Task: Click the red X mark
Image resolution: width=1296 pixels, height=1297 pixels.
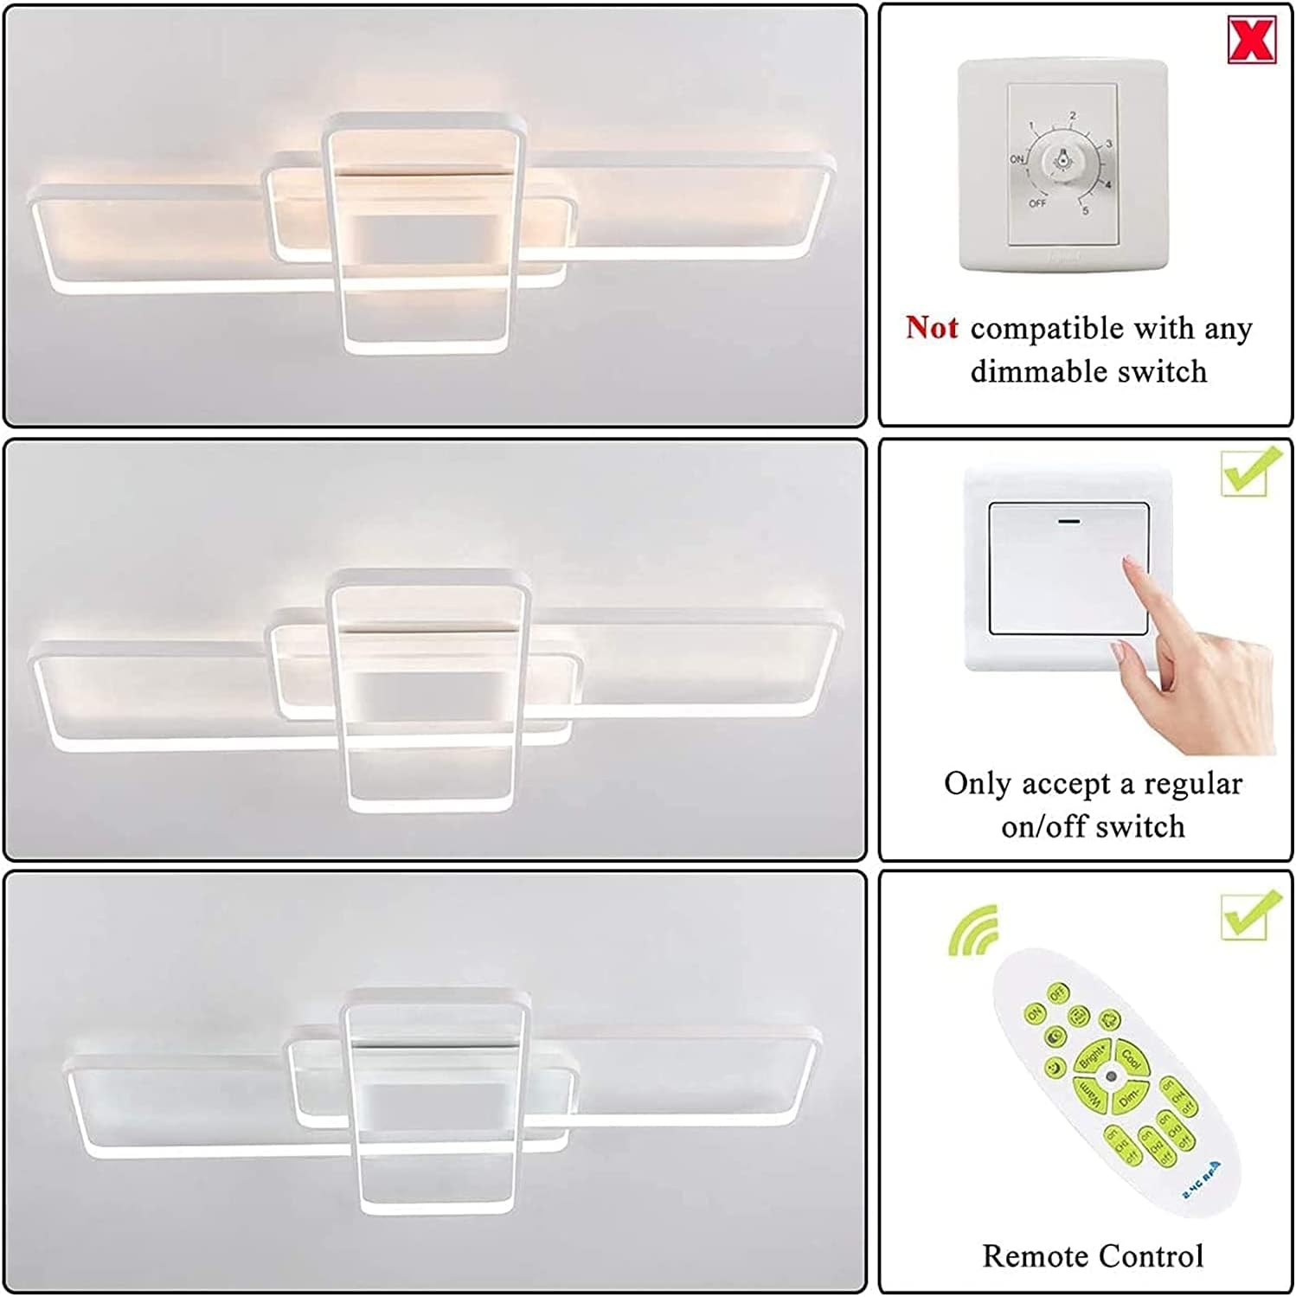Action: point(1251,39)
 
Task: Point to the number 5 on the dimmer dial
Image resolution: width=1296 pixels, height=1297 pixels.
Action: point(1086,210)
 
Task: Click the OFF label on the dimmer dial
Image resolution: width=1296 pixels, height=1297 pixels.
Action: point(1037,203)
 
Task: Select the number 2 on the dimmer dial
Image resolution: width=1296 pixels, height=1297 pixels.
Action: point(1073,115)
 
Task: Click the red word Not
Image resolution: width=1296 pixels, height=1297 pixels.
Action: point(932,328)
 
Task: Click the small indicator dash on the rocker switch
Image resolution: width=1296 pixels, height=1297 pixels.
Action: point(1069,522)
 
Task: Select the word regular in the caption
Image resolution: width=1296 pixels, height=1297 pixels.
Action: point(1193,784)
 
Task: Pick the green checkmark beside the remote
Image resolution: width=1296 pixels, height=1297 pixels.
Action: point(1250,915)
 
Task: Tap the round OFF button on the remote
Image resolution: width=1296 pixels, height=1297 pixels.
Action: point(1057,993)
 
